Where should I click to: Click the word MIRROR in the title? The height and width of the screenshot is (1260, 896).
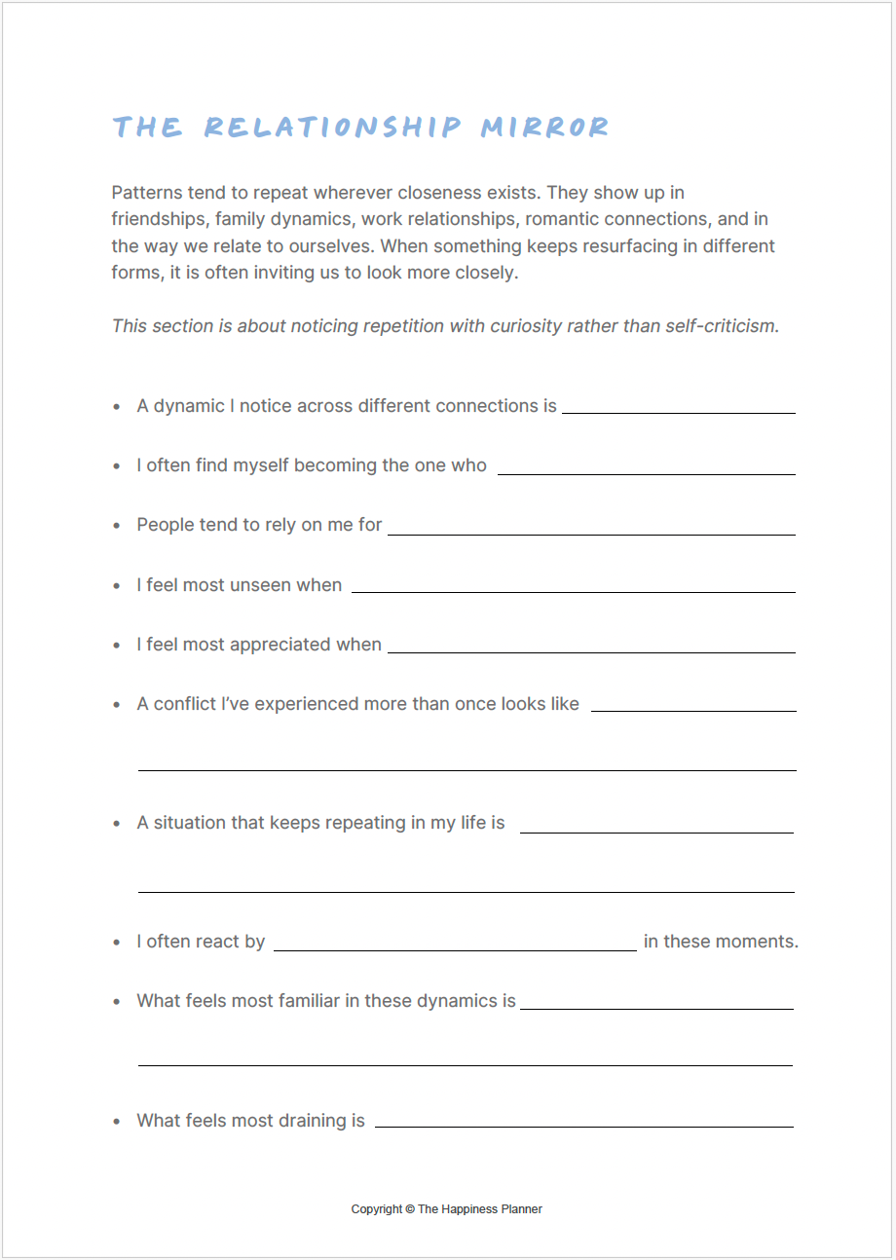coord(545,128)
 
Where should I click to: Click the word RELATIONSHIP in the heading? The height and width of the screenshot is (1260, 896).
coord(332,128)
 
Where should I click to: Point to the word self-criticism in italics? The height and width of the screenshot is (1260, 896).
coord(722,325)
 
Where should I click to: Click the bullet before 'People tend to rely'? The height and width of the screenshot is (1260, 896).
coord(117,526)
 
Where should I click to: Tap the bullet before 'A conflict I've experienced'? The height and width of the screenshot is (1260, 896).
coord(117,704)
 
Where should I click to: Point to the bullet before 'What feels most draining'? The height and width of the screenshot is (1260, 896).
coord(117,1122)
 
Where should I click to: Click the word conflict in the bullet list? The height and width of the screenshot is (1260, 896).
coord(185,704)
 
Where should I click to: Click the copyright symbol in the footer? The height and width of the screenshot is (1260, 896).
coord(409,1209)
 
